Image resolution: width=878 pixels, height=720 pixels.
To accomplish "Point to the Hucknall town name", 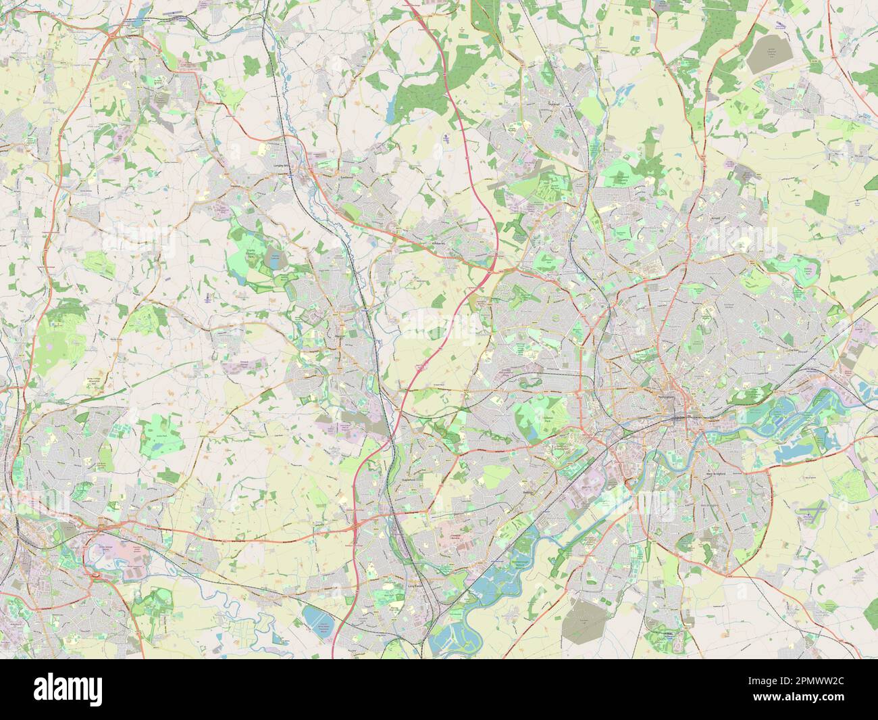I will (x=555, y=104).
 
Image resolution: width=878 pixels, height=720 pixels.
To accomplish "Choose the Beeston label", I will (x=529, y=494).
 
